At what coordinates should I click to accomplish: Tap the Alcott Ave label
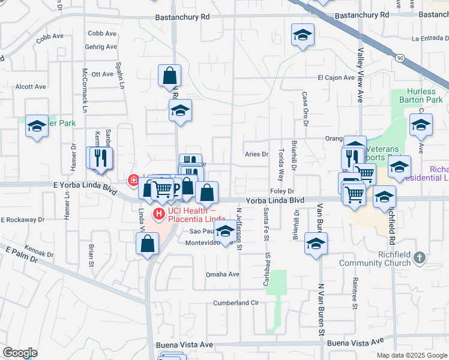[x=31, y=86]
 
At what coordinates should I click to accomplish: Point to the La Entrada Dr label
[x=430, y=38]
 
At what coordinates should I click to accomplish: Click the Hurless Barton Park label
[x=421, y=95]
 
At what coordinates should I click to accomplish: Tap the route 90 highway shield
[x=400, y=58]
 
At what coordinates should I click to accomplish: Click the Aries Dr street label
[x=256, y=154]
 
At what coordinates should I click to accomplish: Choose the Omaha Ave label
[x=223, y=274]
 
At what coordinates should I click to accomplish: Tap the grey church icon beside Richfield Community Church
[x=419, y=257]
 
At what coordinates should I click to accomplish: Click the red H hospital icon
[x=159, y=213]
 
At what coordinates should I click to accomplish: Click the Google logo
[x=20, y=352]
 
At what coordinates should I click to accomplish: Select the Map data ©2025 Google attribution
[x=411, y=355]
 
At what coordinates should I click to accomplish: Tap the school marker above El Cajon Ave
[x=303, y=35]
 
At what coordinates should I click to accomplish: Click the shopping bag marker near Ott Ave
[x=170, y=76]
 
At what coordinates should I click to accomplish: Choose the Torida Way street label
[x=280, y=166]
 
